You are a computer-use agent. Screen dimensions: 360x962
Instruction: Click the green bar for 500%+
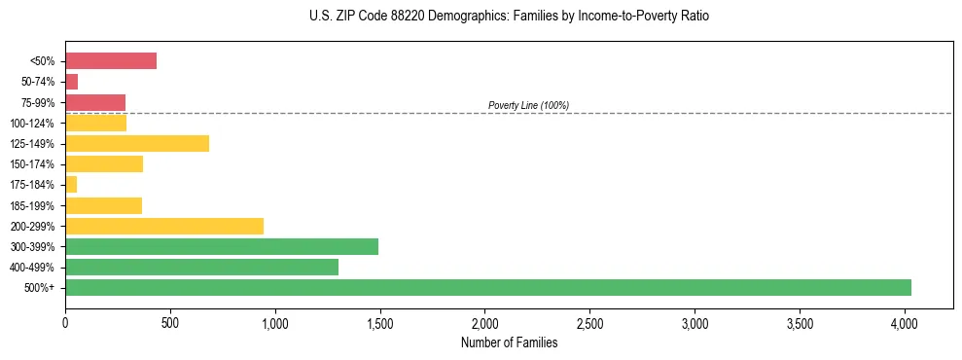[487, 287]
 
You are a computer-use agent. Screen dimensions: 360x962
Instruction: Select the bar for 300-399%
[222, 246]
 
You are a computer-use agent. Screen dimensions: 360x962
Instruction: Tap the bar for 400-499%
[201, 267]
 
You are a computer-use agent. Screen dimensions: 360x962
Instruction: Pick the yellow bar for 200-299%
[164, 226]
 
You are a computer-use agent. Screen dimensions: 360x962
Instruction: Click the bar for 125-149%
[137, 143]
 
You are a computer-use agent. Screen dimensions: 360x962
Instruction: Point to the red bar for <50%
[111, 61]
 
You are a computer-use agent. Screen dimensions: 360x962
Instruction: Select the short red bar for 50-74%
[71, 82]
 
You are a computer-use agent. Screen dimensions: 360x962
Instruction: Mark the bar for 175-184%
[71, 185]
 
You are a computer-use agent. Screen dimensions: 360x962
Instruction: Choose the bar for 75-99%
[95, 102]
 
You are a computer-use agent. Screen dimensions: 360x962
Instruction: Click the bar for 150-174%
[104, 163]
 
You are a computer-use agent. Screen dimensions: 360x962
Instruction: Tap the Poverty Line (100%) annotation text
[528, 105]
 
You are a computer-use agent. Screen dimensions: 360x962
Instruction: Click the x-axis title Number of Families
[509, 342]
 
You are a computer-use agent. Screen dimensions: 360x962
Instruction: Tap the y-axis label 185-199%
[32, 205]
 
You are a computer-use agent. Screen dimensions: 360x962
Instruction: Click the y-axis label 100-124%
[32, 124]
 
